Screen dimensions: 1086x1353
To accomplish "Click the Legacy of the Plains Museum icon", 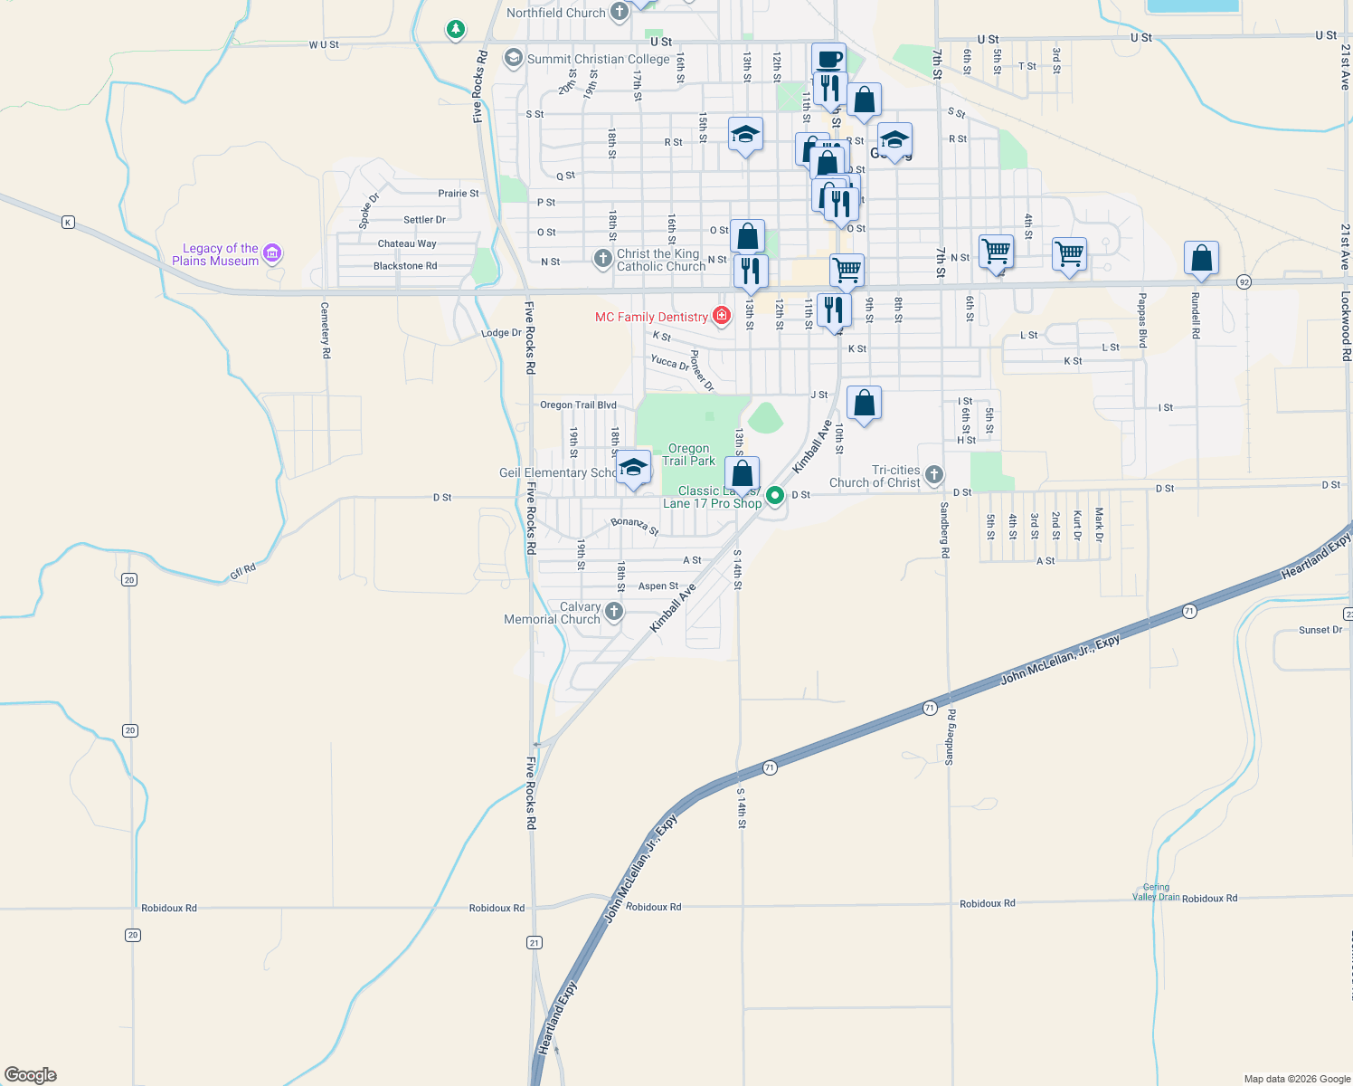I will [x=272, y=253].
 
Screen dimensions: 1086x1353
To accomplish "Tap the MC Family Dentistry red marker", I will [x=722, y=316].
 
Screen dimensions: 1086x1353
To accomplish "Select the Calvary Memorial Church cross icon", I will [x=614, y=612].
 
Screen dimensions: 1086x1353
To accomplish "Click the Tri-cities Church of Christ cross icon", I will [x=934, y=475].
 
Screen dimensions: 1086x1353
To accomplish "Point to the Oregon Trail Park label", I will [x=688, y=454].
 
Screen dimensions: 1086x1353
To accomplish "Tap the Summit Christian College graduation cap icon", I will [x=513, y=59].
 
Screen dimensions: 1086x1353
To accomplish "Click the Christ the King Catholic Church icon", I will [x=603, y=259].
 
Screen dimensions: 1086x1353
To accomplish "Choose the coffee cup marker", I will [x=828, y=60].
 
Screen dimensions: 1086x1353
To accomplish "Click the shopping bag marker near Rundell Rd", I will [x=1201, y=258].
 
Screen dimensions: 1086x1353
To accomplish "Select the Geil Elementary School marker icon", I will [x=633, y=468].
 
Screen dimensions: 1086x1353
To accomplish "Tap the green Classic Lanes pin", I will [x=775, y=495].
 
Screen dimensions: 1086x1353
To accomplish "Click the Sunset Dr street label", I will [x=1320, y=630].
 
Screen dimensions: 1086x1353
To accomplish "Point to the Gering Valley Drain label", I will [x=1156, y=892].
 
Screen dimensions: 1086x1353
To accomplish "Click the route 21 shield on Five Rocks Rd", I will [x=535, y=942].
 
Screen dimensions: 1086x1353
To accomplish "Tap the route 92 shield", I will [x=1244, y=281].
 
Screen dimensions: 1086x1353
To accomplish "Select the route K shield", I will [x=68, y=222].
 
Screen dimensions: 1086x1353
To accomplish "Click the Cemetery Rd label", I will [x=326, y=330].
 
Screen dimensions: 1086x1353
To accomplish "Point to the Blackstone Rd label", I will [x=405, y=266].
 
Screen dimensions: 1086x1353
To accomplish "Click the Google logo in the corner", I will [x=31, y=1075].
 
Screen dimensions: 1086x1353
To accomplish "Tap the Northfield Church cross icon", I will [x=620, y=12].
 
